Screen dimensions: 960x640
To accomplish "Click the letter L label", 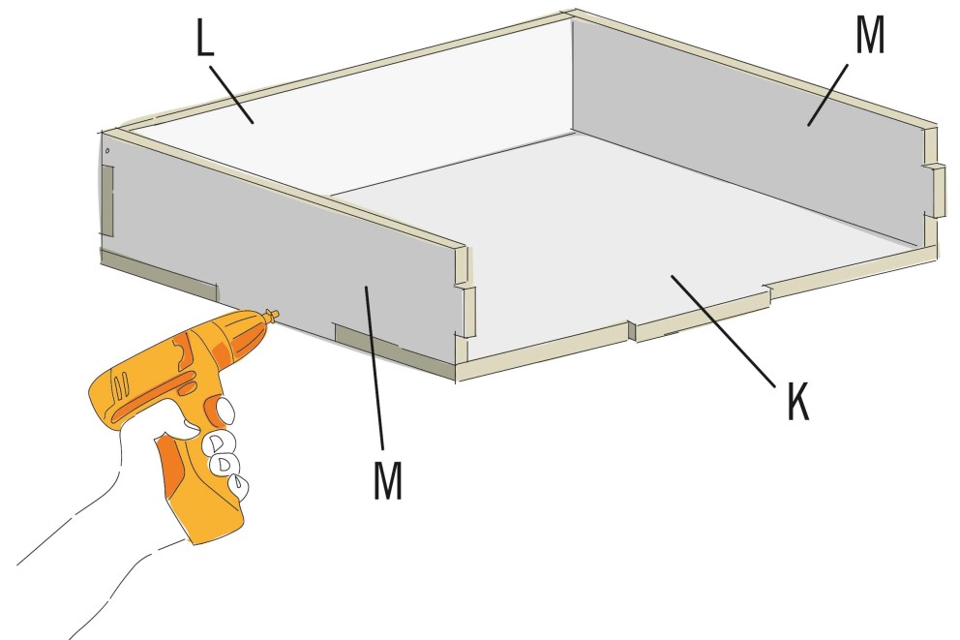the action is [205, 38].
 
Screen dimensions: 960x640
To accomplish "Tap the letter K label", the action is [797, 401].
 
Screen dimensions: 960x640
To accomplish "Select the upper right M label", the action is [869, 36].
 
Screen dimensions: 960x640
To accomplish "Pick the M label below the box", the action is [388, 480].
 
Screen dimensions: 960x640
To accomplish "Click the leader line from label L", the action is [231, 94].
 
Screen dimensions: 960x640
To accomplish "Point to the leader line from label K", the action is [723, 331].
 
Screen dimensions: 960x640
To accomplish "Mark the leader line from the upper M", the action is [827, 94].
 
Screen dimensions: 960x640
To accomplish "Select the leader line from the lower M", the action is [375, 368].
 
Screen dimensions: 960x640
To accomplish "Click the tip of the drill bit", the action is [277, 314].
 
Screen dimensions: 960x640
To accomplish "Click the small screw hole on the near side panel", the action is [107, 150].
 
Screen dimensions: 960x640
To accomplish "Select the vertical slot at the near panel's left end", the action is [107, 200].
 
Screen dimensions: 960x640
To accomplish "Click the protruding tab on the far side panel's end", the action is [939, 190].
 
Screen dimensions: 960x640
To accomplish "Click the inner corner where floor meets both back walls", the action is [574, 131].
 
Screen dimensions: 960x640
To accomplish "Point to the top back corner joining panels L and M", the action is [572, 15].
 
